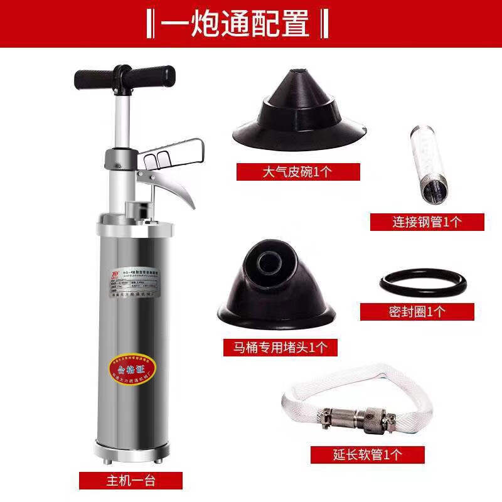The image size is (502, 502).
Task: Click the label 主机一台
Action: (x=131, y=481)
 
